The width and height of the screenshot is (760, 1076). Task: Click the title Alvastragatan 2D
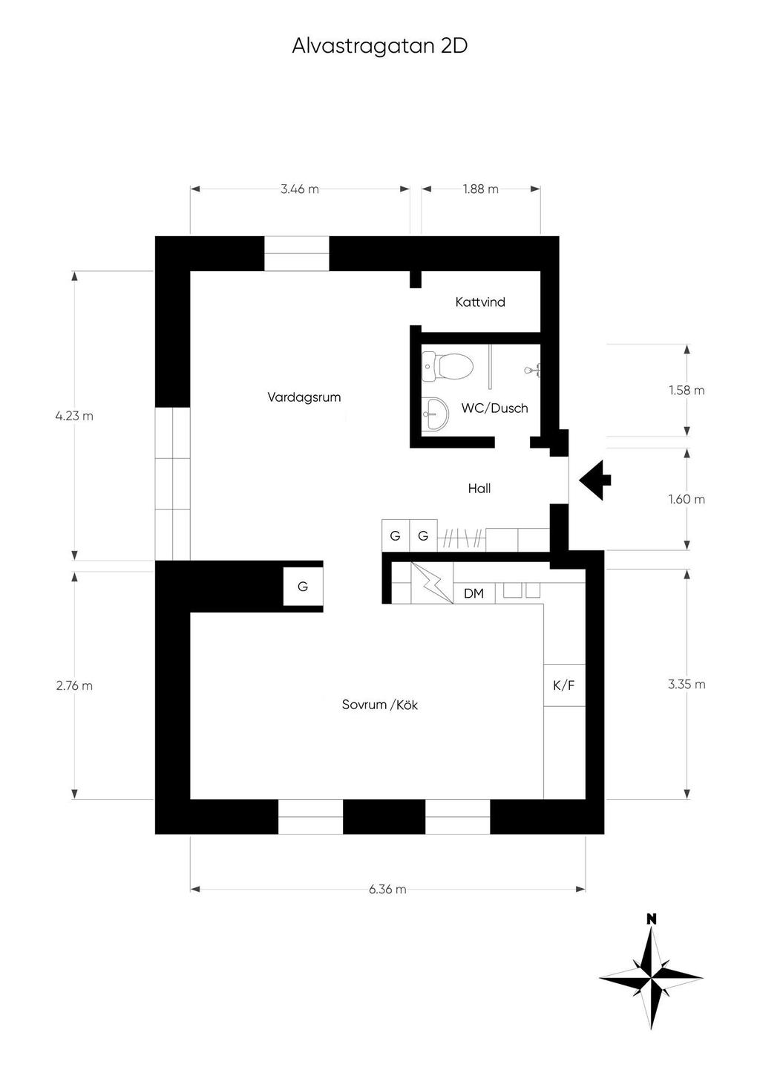[379, 47]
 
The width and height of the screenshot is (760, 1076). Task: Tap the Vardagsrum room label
[304, 397]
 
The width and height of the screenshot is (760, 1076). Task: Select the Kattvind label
[480, 302]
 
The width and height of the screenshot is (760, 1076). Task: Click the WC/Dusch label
[494, 408]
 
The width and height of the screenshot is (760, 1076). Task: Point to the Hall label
[479, 489]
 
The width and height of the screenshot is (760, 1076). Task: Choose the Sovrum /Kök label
[380, 705]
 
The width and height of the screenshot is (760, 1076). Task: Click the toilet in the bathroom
[448, 367]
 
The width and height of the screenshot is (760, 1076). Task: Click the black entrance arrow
[594, 480]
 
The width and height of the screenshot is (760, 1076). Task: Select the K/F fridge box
[564, 685]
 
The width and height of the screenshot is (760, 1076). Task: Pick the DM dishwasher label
[474, 594]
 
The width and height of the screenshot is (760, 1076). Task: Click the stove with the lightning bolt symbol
[432, 583]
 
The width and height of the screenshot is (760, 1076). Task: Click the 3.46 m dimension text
[300, 189]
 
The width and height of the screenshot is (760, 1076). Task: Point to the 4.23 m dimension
[74, 416]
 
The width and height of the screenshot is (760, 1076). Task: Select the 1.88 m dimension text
[481, 189]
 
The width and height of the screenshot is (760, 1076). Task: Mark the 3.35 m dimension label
[687, 685]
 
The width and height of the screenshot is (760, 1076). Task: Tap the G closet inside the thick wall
[303, 587]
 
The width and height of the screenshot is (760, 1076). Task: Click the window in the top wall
[297, 254]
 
